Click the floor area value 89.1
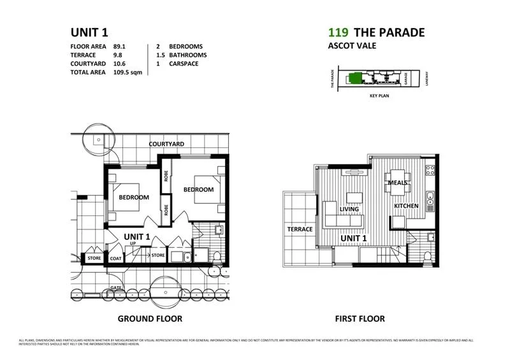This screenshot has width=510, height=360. [121, 47]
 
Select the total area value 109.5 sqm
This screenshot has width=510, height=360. [127, 73]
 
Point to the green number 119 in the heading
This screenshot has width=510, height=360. [337, 32]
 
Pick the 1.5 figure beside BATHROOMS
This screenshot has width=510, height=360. [160, 55]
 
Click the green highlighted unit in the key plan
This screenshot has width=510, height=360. [355, 78]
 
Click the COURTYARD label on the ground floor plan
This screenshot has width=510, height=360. [166, 144]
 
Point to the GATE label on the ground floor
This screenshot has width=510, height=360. [115, 288]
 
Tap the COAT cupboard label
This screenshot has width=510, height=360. [115, 258]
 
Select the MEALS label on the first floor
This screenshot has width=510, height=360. [398, 183]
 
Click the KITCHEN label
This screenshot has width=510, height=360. [406, 206]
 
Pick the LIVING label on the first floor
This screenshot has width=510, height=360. [349, 209]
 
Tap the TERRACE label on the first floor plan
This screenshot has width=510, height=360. [300, 229]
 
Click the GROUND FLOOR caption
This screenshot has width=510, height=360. [150, 319]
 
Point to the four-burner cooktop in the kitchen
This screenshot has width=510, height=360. [430, 170]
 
